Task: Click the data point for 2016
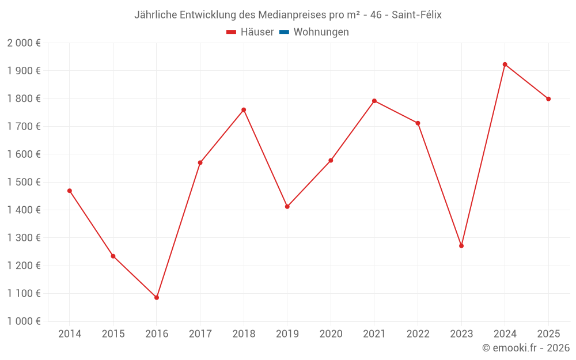coord(157,298)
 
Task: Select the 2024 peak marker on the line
coord(505,65)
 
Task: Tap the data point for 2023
coord(461,246)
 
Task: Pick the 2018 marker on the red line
coord(244,110)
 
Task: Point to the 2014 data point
coord(70,191)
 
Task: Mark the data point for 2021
coord(374,101)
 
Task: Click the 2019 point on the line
coord(287,206)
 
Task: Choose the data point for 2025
coord(548,99)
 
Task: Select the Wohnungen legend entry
coord(321,32)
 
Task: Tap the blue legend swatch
coord(284,32)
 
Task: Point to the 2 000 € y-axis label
coord(24,43)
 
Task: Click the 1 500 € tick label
coord(24,182)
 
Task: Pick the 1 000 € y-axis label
coord(24,321)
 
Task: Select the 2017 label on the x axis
coord(200,334)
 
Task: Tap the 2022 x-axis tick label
coord(418,334)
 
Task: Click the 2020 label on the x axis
coord(331,334)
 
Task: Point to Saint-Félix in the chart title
coord(416,15)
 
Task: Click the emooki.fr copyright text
coord(526,348)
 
